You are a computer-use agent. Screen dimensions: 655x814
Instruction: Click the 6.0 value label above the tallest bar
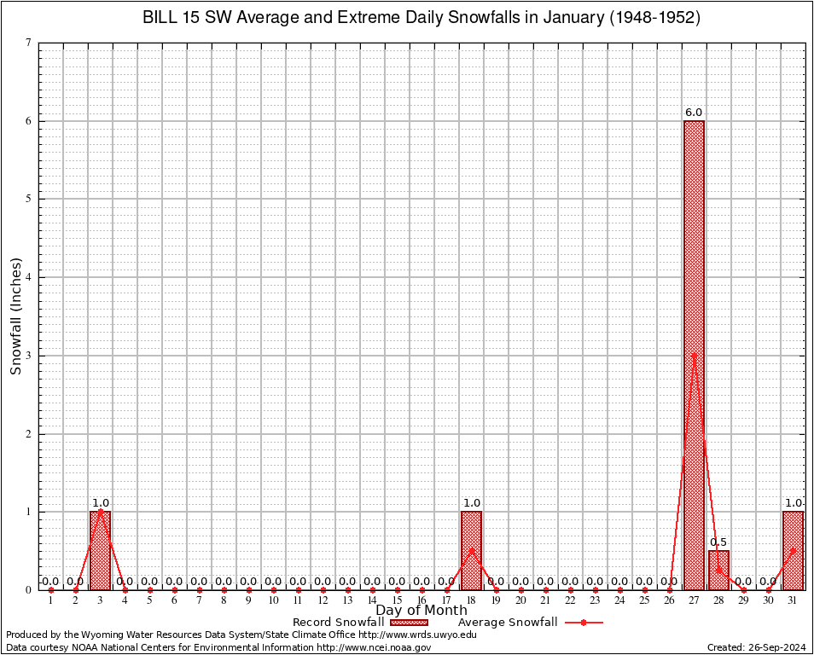(x=694, y=113)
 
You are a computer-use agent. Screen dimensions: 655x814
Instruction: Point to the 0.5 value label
(x=718, y=542)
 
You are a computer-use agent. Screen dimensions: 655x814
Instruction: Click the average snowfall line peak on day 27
(x=694, y=355)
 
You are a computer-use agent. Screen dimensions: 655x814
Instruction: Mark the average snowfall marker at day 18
(x=471, y=550)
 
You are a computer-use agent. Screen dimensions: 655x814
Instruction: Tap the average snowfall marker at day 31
(x=793, y=550)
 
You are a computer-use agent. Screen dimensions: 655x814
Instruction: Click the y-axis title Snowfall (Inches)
(x=16, y=316)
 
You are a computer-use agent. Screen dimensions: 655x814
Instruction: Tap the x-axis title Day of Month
(x=422, y=611)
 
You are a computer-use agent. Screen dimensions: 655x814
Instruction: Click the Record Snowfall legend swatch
(x=409, y=623)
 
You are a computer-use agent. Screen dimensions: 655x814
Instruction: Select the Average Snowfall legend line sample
(x=584, y=623)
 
